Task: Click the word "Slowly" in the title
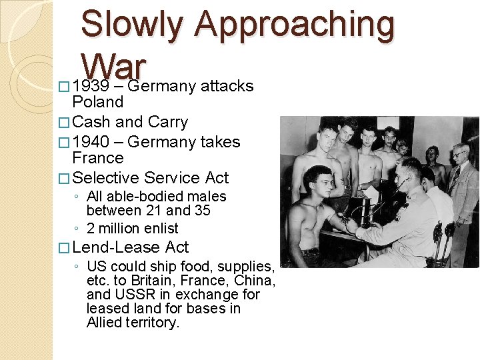(x=131, y=25)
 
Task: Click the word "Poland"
(x=98, y=102)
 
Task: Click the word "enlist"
(x=161, y=228)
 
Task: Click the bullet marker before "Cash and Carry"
(x=64, y=123)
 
